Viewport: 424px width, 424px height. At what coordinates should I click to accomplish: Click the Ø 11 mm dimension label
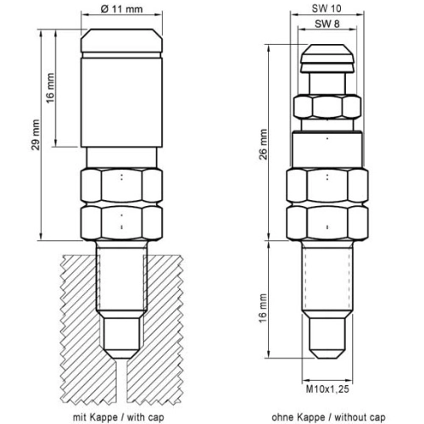coord(121,9)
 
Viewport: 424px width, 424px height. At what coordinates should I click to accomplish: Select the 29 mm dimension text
coord(36,135)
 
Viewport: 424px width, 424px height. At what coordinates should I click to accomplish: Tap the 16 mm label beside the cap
coord(50,88)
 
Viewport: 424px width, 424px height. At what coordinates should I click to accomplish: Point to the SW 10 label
coord(326,8)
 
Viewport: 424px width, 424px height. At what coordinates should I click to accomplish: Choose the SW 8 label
coord(327,24)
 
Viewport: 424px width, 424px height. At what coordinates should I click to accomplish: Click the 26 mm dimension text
coord(263,144)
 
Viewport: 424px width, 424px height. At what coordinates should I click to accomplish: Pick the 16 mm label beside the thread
coord(263,309)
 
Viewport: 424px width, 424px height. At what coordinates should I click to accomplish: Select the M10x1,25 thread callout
coord(327,389)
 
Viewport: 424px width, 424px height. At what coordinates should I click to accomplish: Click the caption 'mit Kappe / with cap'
coord(119,417)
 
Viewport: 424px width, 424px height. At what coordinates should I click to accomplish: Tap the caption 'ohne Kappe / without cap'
coord(328,417)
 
